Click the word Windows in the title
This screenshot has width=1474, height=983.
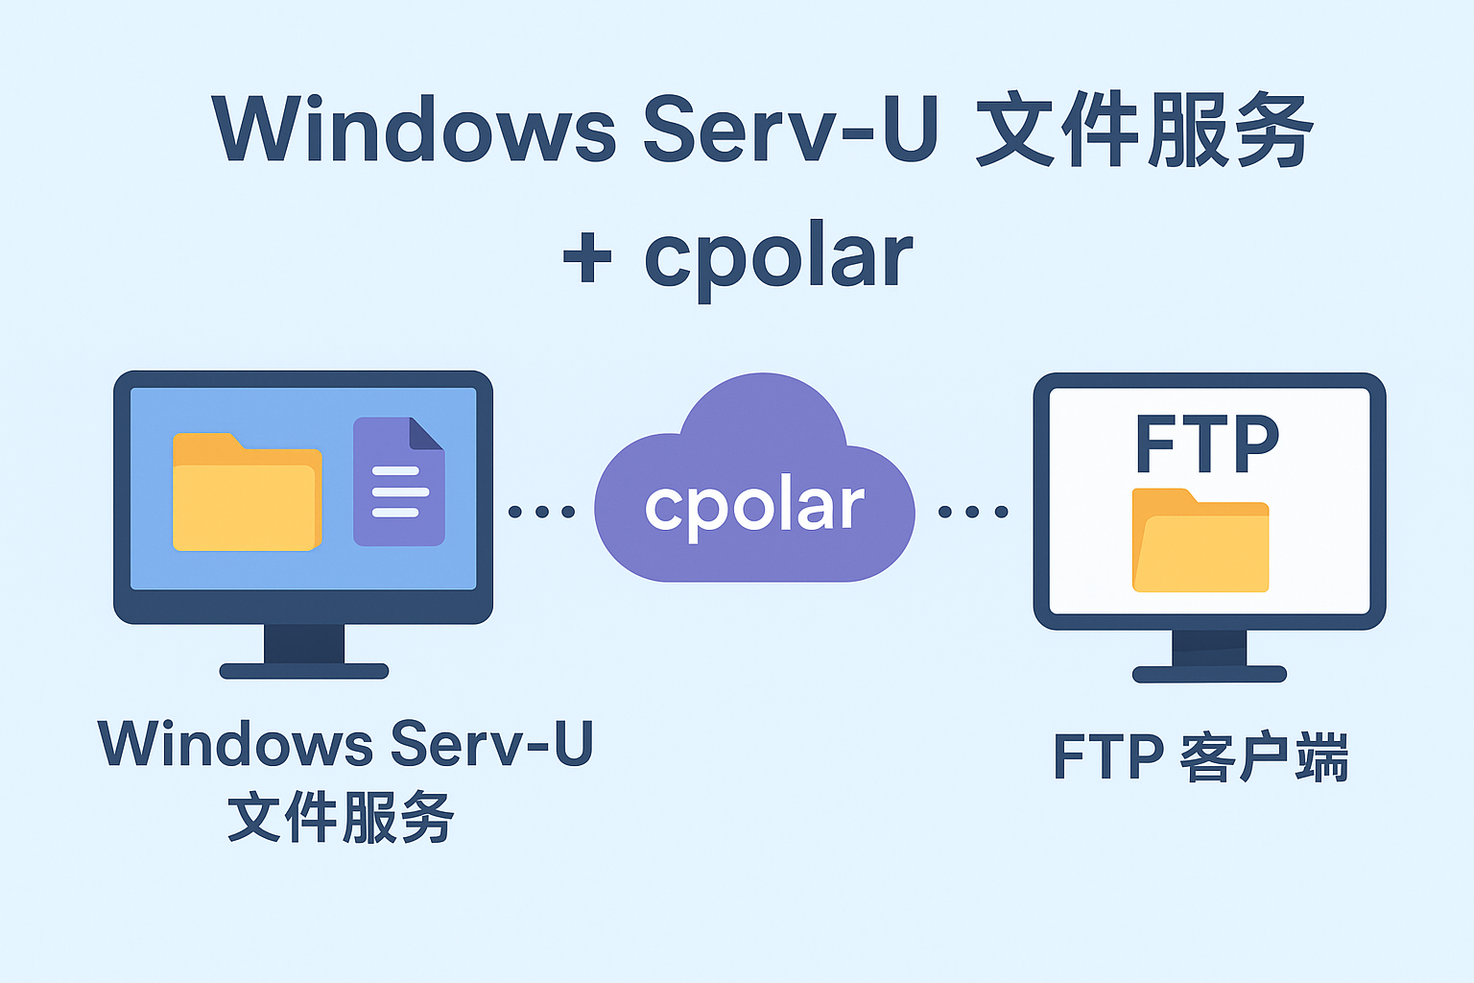pos(414,129)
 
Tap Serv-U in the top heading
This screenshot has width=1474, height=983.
pos(791,128)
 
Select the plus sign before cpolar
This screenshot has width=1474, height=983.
pos(587,256)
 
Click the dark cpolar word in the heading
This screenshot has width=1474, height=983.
pos(778,258)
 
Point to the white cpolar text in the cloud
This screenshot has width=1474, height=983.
pos(754,509)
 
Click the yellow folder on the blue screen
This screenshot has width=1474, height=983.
pos(248,491)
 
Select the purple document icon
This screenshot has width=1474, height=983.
pos(399,481)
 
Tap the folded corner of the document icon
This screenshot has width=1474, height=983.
pos(426,433)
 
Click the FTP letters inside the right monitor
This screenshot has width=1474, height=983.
pos(1207,444)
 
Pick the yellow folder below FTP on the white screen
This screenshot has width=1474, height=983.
pos(1201,539)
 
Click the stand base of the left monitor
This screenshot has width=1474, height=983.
pos(304,671)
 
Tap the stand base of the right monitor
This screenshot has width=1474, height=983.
pos(1209,674)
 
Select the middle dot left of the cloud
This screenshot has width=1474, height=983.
pos(542,512)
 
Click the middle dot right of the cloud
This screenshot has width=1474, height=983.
pos(972,512)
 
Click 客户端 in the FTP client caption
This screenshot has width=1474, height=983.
pos(1264,756)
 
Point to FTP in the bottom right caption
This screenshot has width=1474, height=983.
pos(1108,756)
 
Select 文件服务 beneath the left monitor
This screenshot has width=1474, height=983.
pos(341,817)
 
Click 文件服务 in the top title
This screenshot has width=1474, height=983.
pos(1144,129)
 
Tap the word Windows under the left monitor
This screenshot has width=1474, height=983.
pos(235,744)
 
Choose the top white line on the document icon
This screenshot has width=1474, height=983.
pos(395,470)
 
